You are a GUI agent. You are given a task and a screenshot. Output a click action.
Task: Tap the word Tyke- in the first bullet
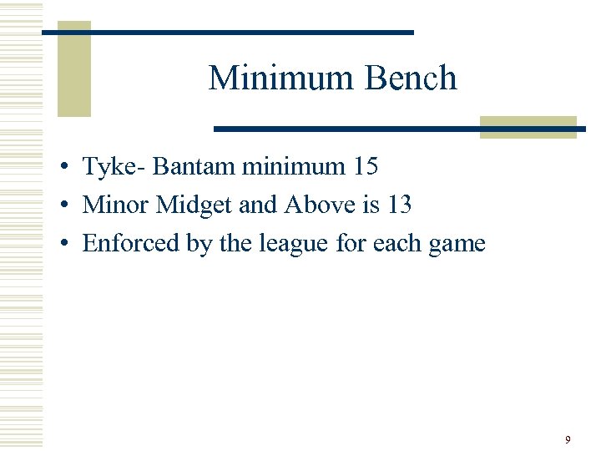(114, 167)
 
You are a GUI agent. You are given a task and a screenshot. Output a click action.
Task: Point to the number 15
(364, 167)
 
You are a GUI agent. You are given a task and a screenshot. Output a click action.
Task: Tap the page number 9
(568, 439)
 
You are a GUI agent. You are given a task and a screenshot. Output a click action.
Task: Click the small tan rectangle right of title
(528, 127)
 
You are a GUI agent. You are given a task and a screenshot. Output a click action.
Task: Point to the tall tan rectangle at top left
(73, 69)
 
